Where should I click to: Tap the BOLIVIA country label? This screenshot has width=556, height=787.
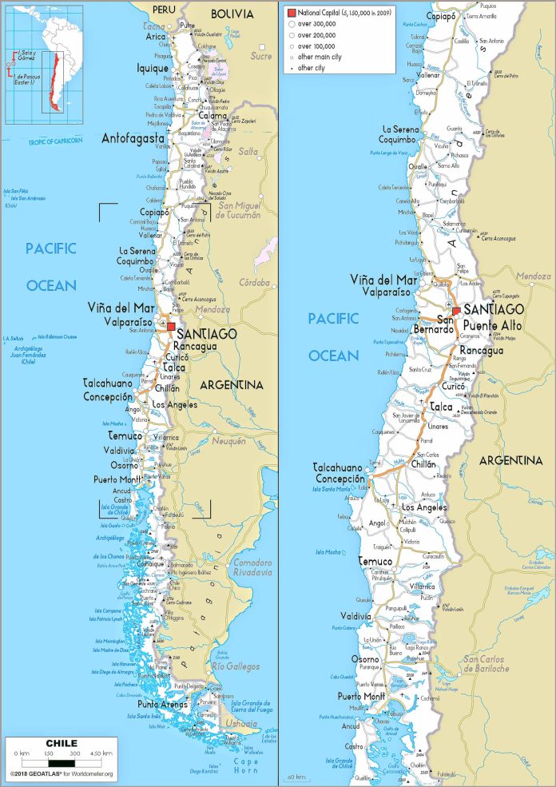pos(232,14)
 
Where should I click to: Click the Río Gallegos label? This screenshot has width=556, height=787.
pos(235,666)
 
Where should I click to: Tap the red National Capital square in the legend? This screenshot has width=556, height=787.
pos(292,13)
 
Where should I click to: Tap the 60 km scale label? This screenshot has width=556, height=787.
pos(296,776)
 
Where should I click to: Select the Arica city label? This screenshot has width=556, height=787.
pos(155,37)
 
